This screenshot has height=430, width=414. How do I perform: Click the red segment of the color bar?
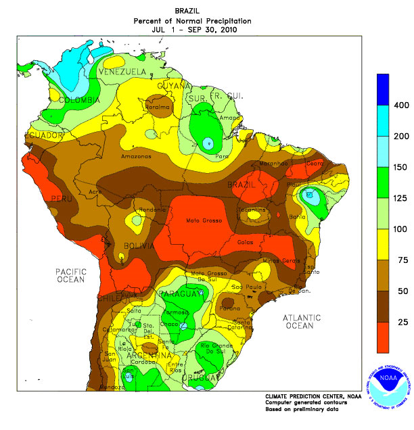[x=383, y=336]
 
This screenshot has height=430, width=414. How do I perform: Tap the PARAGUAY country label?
[x=179, y=294]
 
